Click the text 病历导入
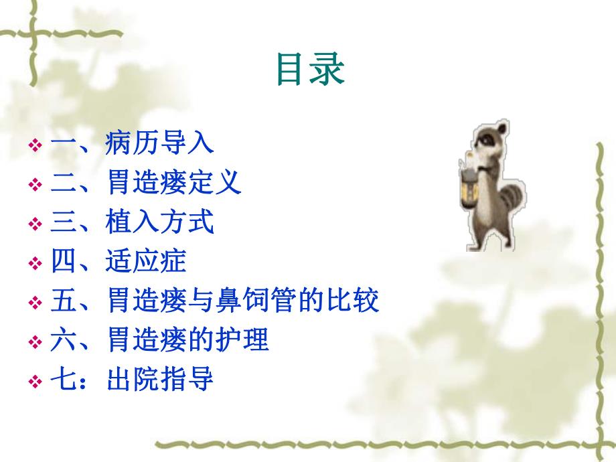159,144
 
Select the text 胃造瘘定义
173,183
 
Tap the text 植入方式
159,222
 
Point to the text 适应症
146,262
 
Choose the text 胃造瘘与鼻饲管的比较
242,301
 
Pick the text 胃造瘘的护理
187,341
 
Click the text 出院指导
159,380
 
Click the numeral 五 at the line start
62,301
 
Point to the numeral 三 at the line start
62,222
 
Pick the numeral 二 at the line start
62,183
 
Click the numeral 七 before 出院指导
62,380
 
